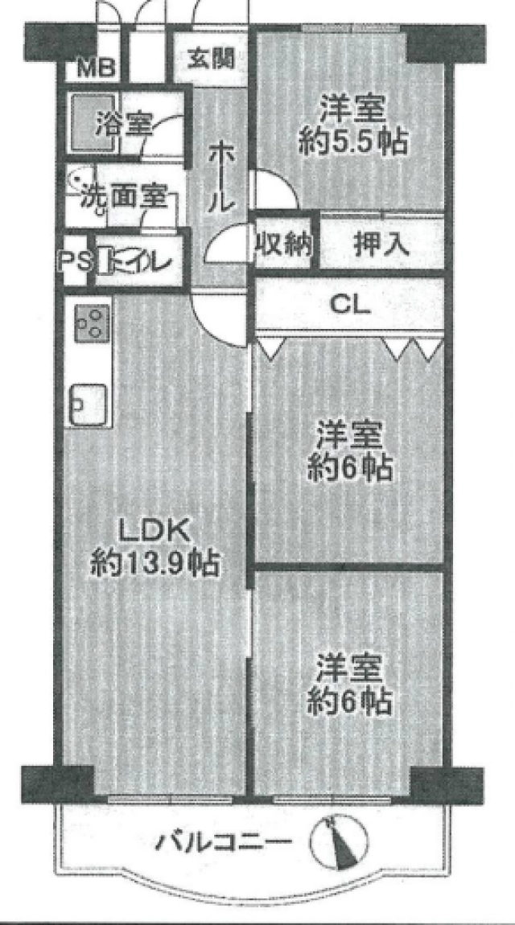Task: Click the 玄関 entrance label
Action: (x=211, y=58)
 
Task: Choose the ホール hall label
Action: (x=219, y=177)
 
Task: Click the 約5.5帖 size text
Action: (x=353, y=142)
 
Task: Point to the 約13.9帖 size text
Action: (x=155, y=564)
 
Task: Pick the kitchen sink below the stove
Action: (x=89, y=404)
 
